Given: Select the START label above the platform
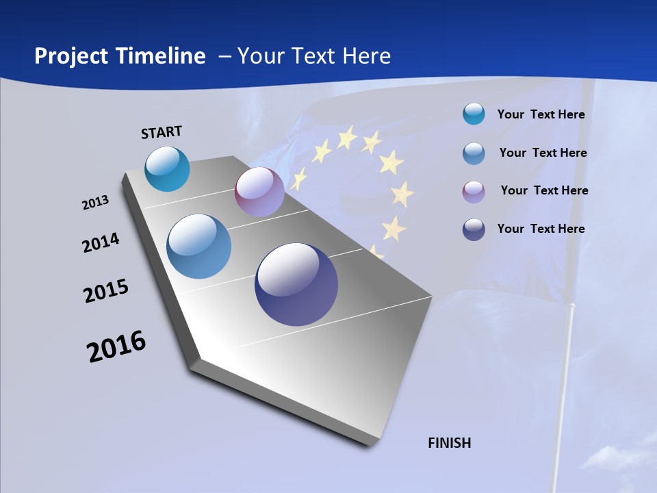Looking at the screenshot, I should [x=162, y=132].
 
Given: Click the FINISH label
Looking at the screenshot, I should [x=450, y=443].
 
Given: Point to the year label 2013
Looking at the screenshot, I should [x=95, y=203].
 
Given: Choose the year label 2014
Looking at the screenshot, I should [x=101, y=242].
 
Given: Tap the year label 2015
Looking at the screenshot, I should [x=106, y=291].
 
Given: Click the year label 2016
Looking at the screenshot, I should [x=116, y=346].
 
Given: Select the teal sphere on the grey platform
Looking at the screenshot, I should [x=167, y=168].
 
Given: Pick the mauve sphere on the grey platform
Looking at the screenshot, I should [x=259, y=192].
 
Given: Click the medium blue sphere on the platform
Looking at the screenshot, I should [x=199, y=246].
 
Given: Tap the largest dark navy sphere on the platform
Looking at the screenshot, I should [x=296, y=284].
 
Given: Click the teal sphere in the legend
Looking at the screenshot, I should [x=474, y=114].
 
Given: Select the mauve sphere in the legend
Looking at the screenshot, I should [x=474, y=191].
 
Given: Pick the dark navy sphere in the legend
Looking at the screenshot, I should [x=474, y=229].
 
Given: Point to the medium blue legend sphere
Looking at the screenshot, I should [x=474, y=153].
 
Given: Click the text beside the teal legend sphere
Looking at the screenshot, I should [x=541, y=114].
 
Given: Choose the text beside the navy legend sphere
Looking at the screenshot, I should [x=541, y=229].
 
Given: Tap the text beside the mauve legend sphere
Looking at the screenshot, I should [x=544, y=190].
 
